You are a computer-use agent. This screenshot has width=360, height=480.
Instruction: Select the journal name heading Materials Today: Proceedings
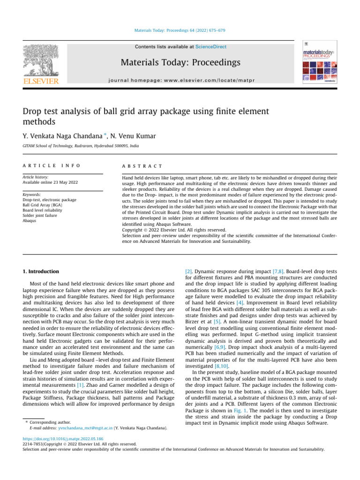pyautogui.click(x=180, y=63)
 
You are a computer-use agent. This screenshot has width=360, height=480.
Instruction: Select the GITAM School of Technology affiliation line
pyautogui.click(x=81, y=147)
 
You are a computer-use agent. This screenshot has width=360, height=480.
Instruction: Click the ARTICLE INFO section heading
pyautogui.click(x=52, y=166)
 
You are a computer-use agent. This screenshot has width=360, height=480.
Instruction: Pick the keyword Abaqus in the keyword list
pyautogui.click(x=30, y=220)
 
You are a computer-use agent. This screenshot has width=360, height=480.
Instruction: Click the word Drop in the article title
pyautogui.click(x=34, y=112)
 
